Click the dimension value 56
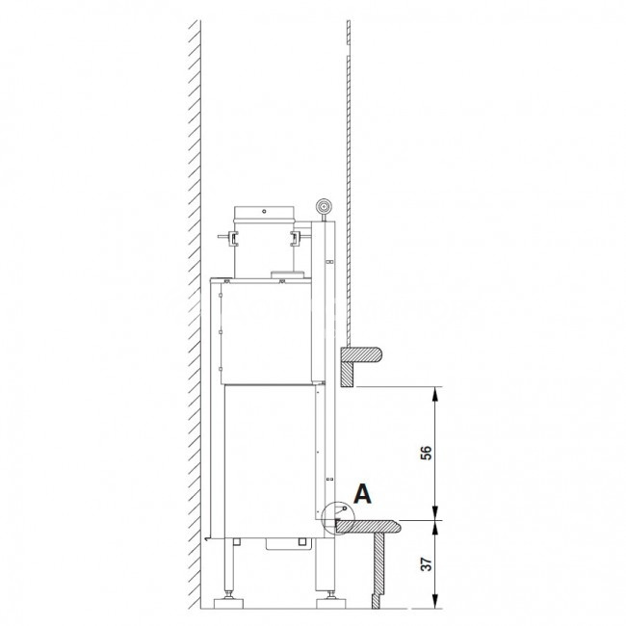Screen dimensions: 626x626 click(x=427, y=453)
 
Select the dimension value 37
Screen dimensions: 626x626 click(x=427, y=564)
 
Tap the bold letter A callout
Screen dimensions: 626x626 click(x=362, y=493)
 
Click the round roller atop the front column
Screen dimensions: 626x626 click(x=323, y=207)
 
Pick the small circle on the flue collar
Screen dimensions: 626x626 click(x=264, y=211)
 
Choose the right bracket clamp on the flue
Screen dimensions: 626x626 click(x=298, y=237)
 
